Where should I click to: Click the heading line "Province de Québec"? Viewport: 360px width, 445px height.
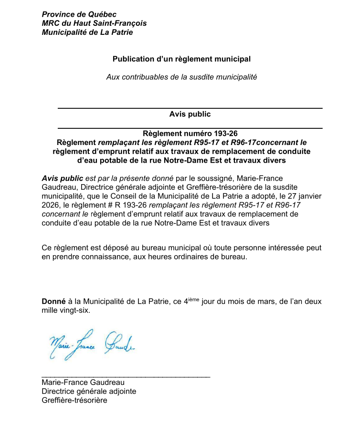pyautogui.click(x=79, y=15)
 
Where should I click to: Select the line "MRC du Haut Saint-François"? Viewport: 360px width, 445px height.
pyautogui.click(x=94, y=23)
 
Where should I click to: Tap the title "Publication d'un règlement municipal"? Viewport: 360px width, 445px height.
pyautogui.click(x=181, y=59)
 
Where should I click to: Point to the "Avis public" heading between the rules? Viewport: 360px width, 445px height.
pyautogui.click(x=190, y=114)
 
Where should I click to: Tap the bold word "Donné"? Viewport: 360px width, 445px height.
pyautogui.click(x=53, y=301)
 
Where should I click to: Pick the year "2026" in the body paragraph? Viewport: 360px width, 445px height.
pyautogui.click(x=52, y=205)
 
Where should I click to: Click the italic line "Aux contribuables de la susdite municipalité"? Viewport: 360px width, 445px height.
pyautogui.click(x=181, y=77)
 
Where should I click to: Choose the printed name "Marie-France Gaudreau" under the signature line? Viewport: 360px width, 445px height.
pyautogui.click(x=83, y=382)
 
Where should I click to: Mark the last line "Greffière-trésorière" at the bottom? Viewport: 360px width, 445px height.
pyautogui.click(x=74, y=400)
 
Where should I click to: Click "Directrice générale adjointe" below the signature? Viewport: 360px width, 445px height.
pyautogui.click(x=89, y=391)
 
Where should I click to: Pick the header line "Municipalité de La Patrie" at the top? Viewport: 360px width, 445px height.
pyautogui.click(x=87, y=32)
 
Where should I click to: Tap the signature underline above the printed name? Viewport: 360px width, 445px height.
pyautogui.click(x=126, y=377)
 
